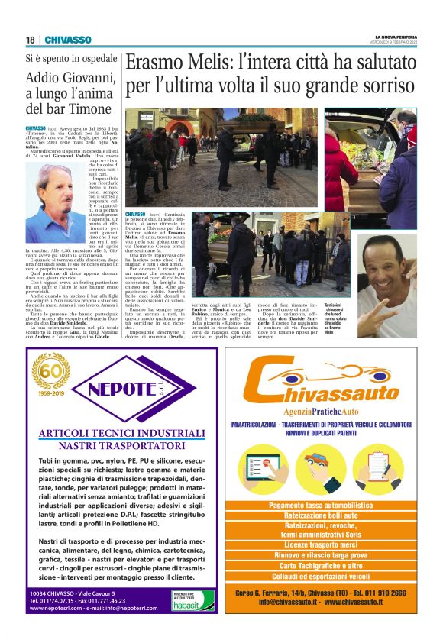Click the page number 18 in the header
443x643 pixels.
tap(30, 40)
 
